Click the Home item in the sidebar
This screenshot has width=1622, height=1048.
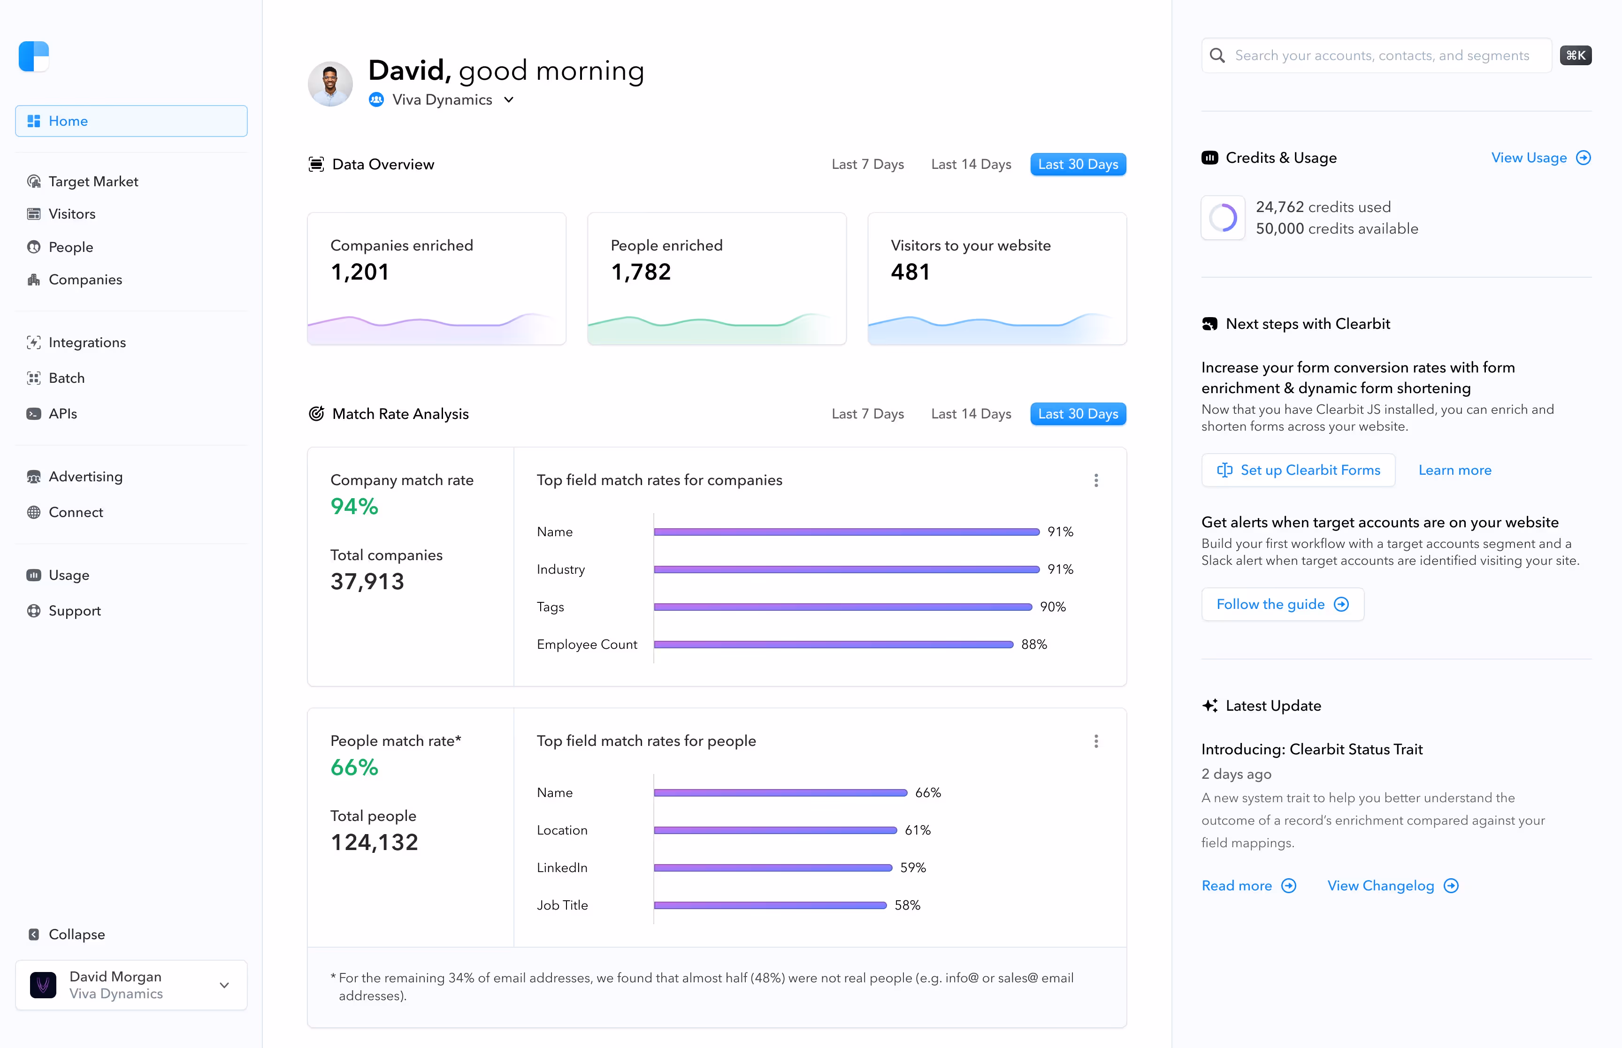pyautogui.click(x=130, y=121)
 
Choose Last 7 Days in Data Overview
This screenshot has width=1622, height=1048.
pyautogui.click(x=867, y=165)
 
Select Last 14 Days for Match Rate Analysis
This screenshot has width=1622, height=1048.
pyautogui.click(x=971, y=414)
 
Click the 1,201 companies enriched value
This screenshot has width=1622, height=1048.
pyautogui.click(x=360, y=272)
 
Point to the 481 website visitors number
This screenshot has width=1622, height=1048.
pyautogui.click(x=910, y=272)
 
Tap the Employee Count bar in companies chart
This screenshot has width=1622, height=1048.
pyautogui.click(x=833, y=645)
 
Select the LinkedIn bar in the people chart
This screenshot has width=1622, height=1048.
pyautogui.click(x=773, y=868)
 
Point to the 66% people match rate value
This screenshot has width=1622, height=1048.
pyautogui.click(x=354, y=767)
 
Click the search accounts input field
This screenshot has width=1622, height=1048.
pyautogui.click(x=1382, y=56)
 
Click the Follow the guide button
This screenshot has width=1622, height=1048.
pyautogui.click(x=1282, y=604)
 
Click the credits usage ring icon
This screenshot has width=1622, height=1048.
pyautogui.click(x=1223, y=218)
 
